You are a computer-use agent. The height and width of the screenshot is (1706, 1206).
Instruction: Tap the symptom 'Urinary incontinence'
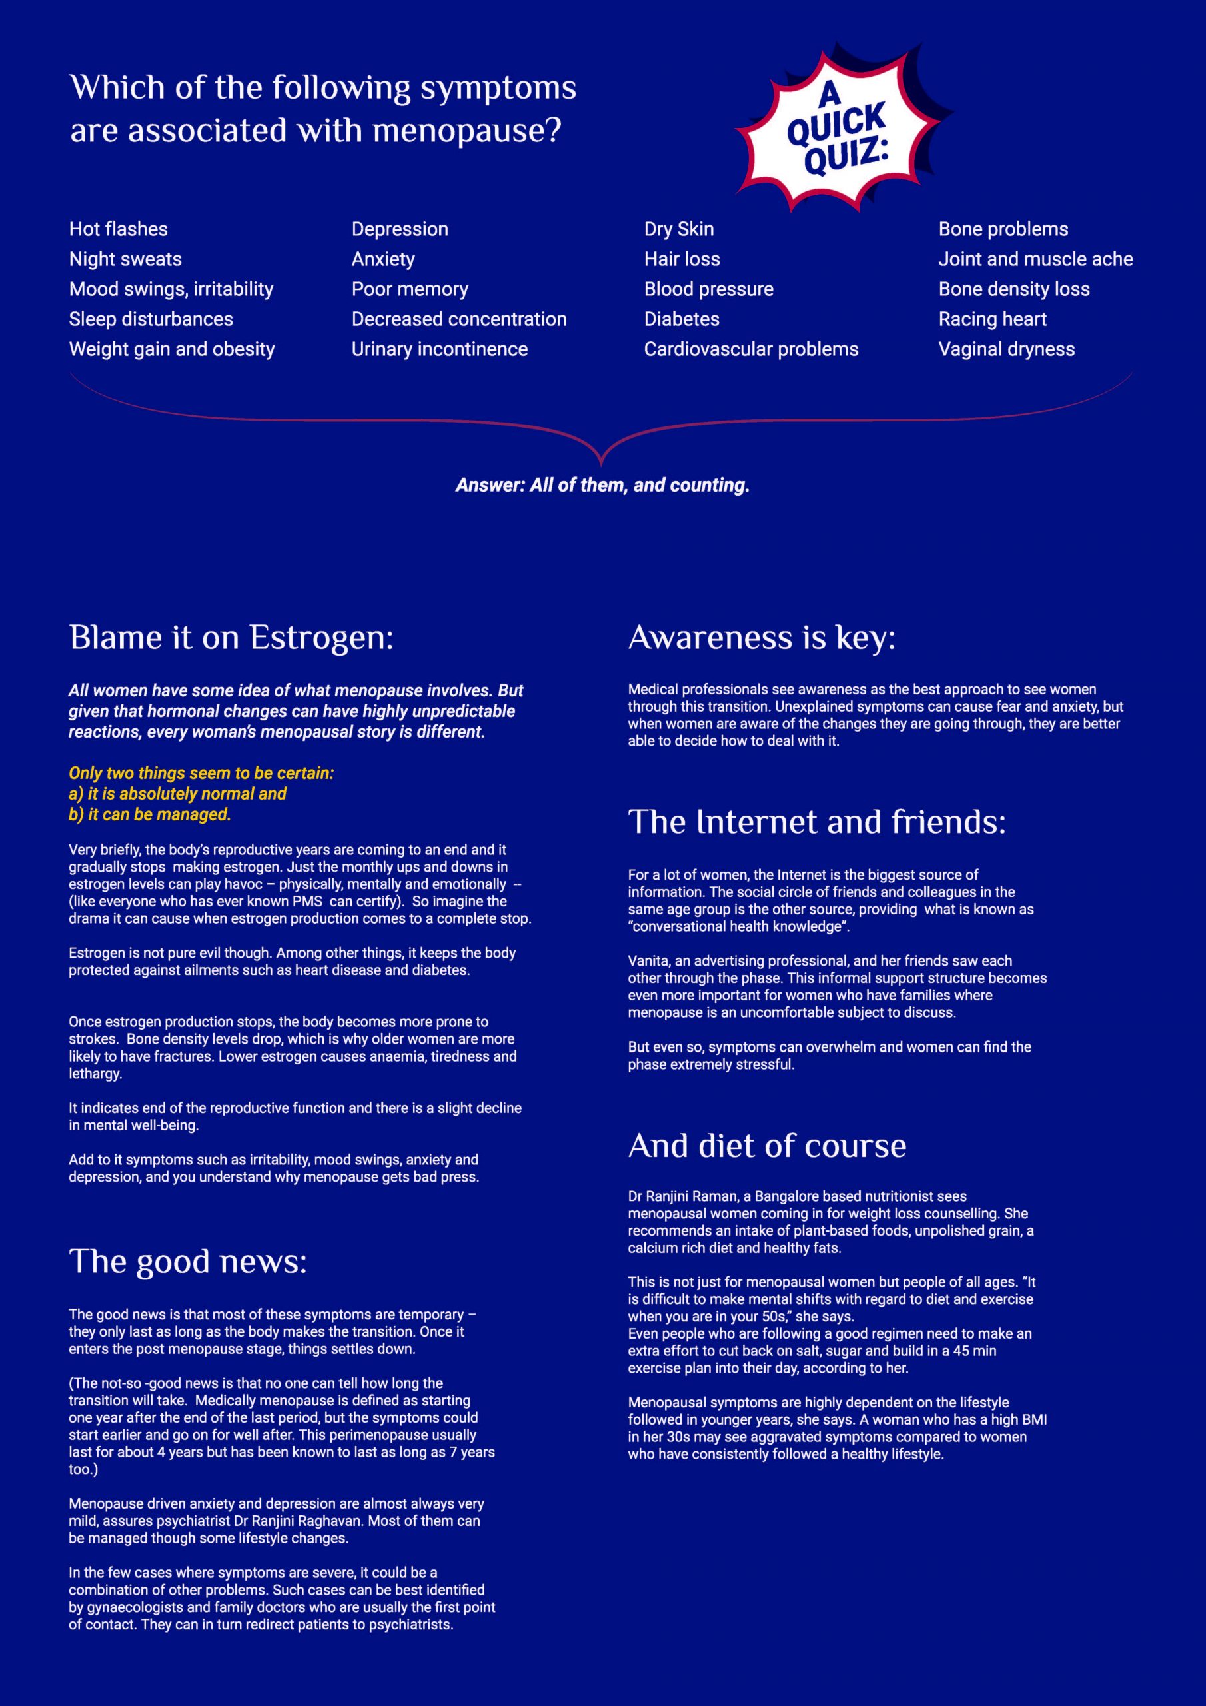439,349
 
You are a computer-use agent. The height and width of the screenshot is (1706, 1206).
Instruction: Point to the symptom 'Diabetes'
682,319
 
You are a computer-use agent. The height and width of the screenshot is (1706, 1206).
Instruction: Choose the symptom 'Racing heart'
992,319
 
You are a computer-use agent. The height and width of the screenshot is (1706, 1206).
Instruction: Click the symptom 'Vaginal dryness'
1006,349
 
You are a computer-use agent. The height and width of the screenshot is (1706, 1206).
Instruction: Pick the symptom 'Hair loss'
682,259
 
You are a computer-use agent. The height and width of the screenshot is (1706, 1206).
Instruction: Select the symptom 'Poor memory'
409,289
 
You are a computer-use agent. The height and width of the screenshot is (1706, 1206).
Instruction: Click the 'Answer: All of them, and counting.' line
602,485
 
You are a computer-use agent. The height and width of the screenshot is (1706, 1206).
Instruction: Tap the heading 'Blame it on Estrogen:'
231,638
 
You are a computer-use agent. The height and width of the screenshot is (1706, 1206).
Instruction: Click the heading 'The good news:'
188,1261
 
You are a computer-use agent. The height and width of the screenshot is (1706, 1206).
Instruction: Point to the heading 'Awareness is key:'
762,638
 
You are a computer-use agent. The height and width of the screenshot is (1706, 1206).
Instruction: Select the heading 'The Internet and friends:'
817,822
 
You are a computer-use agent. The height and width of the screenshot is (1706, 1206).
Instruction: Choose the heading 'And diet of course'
767,1146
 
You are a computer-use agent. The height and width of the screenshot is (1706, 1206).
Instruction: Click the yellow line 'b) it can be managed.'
149,814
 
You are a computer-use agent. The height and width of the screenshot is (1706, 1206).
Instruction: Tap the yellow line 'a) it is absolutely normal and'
177,794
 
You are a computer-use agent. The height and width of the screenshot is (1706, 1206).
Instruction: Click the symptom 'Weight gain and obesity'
172,349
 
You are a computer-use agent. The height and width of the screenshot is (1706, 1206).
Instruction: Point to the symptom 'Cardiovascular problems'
750,349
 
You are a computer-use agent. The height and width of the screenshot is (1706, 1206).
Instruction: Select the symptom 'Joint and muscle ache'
1035,259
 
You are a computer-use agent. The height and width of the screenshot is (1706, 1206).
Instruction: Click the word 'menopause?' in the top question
466,131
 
